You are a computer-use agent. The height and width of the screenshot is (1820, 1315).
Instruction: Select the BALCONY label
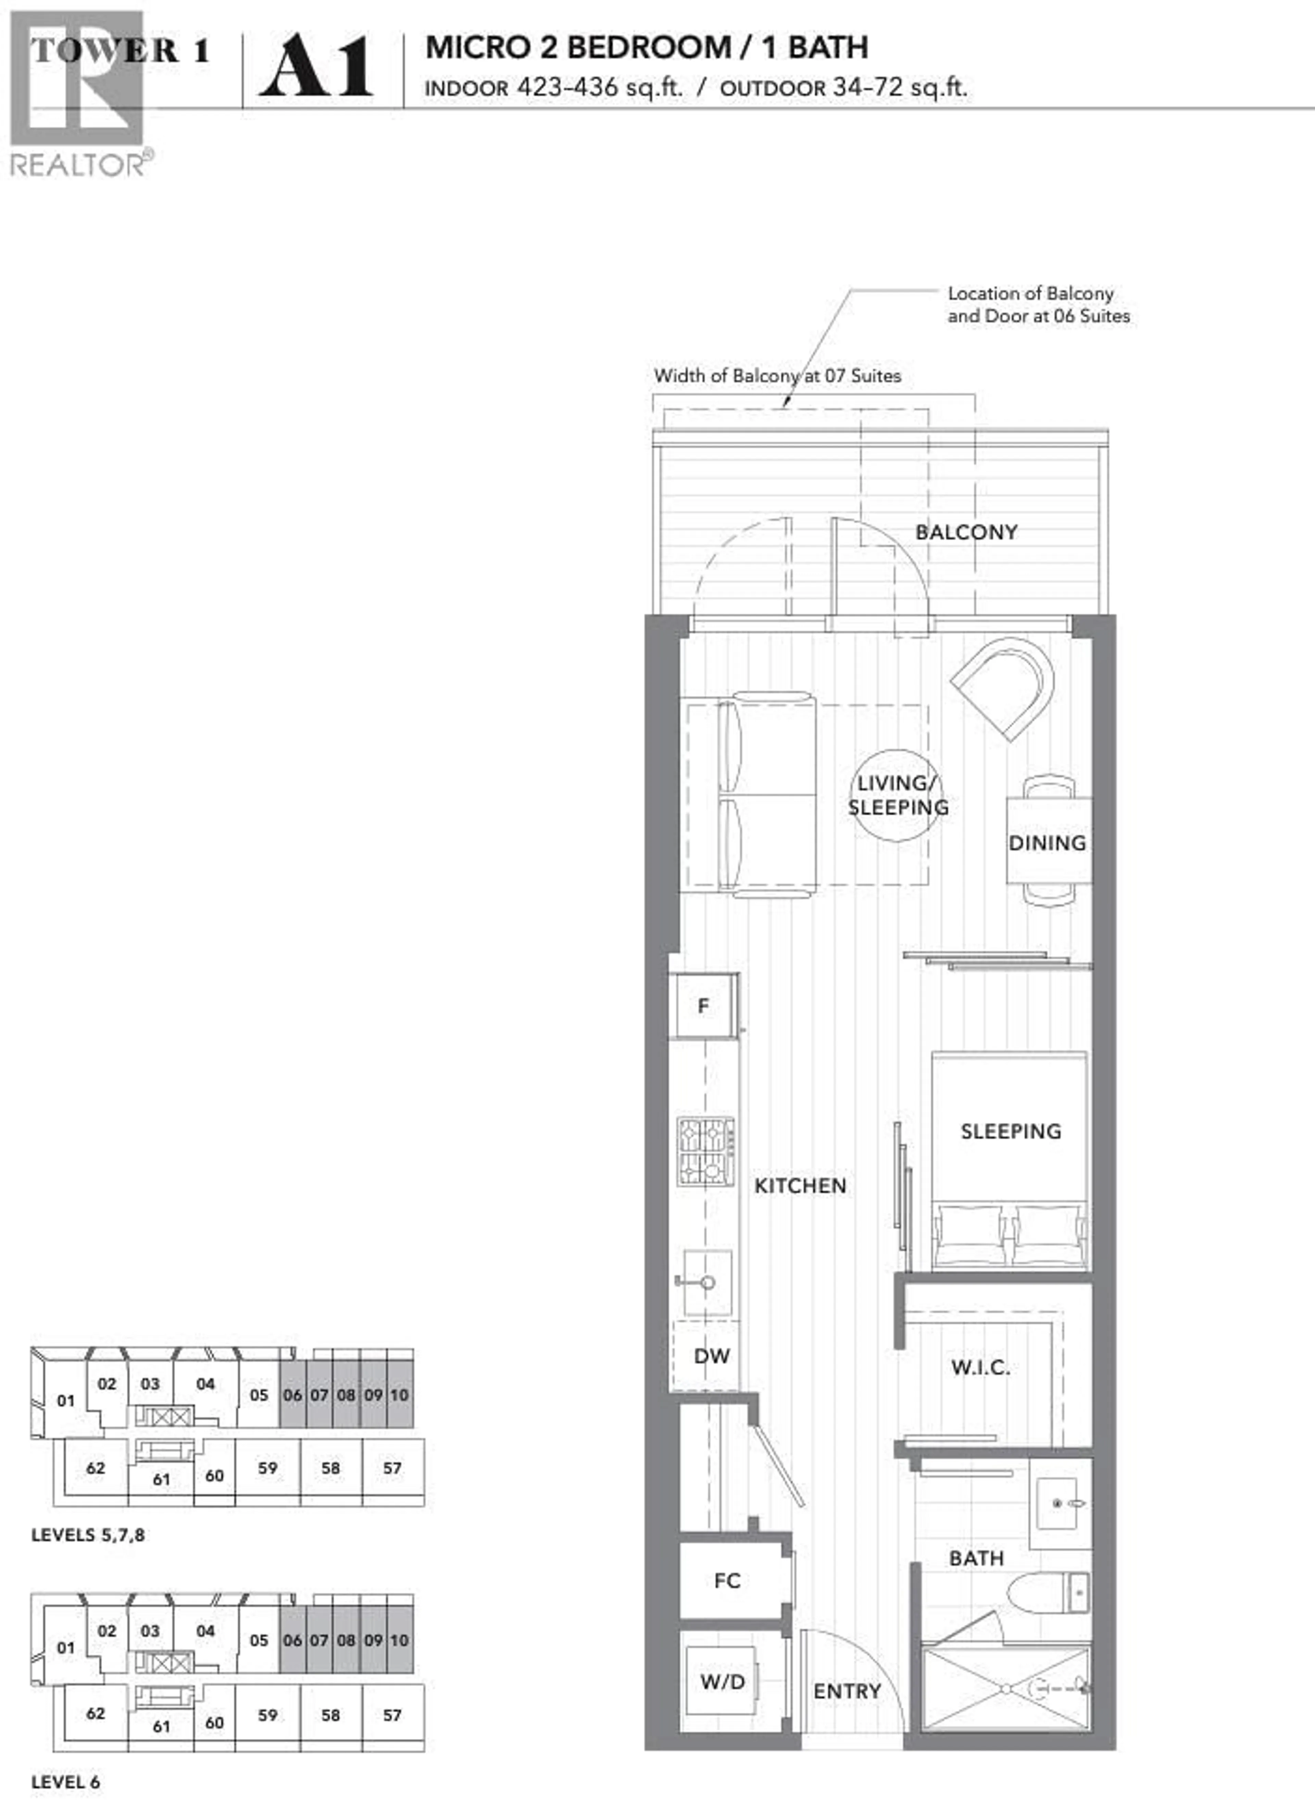click(967, 532)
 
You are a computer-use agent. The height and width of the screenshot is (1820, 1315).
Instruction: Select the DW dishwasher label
click(711, 1356)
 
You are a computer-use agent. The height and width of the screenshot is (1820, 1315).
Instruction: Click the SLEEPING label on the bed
click(1011, 1132)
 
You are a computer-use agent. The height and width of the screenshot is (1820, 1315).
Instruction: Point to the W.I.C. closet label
click(980, 1367)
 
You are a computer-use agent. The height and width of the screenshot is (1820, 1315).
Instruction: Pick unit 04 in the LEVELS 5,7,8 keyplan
click(205, 1384)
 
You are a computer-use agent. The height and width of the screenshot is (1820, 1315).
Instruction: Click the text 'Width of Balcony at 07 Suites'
click(777, 376)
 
